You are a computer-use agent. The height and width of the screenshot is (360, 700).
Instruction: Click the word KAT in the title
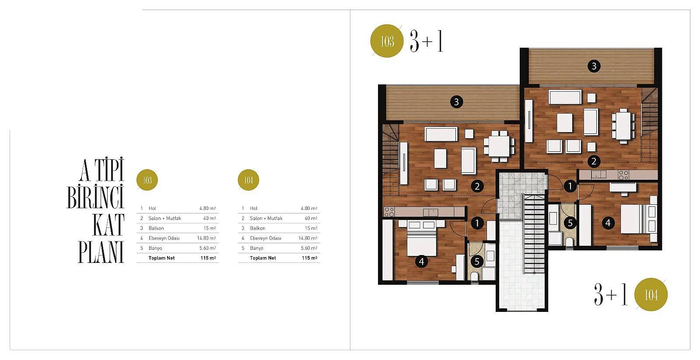pyautogui.click(x=108, y=225)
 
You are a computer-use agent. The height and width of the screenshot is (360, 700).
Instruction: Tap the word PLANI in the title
pyautogui.click(x=101, y=252)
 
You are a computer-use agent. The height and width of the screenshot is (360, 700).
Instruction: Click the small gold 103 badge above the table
pyautogui.click(x=147, y=180)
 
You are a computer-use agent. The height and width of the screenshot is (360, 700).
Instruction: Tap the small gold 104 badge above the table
pyautogui.click(x=248, y=180)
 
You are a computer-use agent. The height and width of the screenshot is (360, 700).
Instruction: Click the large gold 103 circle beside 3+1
pyautogui.click(x=387, y=41)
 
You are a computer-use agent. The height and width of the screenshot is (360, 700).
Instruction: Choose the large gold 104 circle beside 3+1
pyautogui.click(x=651, y=294)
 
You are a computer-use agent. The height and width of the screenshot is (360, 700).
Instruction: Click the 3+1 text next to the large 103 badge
pyautogui.click(x=427, y=41)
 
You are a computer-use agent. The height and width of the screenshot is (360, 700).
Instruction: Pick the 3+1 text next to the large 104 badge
pyautogui.click(x=611, y=294)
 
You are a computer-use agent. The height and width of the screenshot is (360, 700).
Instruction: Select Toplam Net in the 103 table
pyautogui.click(x=161, y=258)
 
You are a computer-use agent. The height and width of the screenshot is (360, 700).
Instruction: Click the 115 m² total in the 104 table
pyautogui.click(x=309, y=258)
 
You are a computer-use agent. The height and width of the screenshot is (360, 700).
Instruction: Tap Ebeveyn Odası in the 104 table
pyautogui.click(x=265, y=238)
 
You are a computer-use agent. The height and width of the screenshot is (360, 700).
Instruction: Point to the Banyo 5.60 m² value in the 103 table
pyautogui.click(x=207, y=248)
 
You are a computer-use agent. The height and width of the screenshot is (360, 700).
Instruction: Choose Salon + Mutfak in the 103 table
pyautogui.click(x=164, y=218)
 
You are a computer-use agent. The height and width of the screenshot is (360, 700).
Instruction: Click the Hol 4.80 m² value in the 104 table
pyautogui.click(x=309, y=209)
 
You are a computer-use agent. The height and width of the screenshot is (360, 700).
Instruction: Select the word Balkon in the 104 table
pyautogui.click(x=258, y=228)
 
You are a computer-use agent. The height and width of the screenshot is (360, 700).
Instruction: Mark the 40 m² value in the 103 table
pyautogui.click(x=210, y=218)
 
